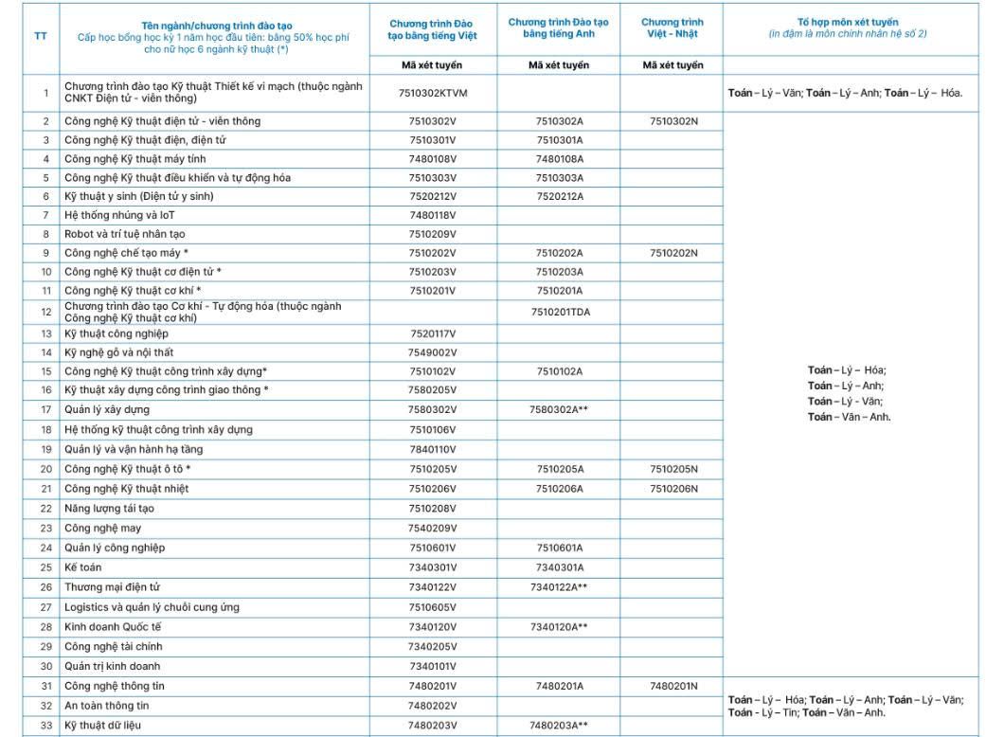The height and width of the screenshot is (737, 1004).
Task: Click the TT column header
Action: click(x=40, y=35)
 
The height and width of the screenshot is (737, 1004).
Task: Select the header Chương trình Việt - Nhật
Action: click(x=672, y=27)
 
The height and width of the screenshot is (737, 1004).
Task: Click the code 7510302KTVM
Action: click(x=433, y=93)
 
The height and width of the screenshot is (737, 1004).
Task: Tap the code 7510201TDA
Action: click(x=559, y=312)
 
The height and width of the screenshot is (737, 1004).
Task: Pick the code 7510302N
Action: click(x=673, y=121)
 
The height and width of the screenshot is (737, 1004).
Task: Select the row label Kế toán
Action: click(x=83, y=567)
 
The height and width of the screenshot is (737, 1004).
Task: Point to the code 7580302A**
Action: click(x=559, y=410)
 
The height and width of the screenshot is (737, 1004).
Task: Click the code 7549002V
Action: click(x=433, y=353)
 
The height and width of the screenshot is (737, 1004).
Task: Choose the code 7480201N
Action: click(x=673, y=686)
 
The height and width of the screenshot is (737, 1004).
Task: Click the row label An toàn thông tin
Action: click(x=107, y=706)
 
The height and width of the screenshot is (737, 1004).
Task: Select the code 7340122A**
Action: click(x=559, y=587)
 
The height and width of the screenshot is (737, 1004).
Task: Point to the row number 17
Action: click(x=45, y=410)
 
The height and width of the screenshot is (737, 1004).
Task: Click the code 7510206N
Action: click(x=673, y=489)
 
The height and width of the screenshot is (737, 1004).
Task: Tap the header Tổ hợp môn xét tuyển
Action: click(x=848, y=22)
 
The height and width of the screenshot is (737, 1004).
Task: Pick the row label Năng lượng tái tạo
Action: click(x=109, y=509)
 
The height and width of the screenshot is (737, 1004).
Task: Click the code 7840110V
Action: click(x=433, y=449)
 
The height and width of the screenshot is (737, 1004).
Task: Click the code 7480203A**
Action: click(x=559, y=726)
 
